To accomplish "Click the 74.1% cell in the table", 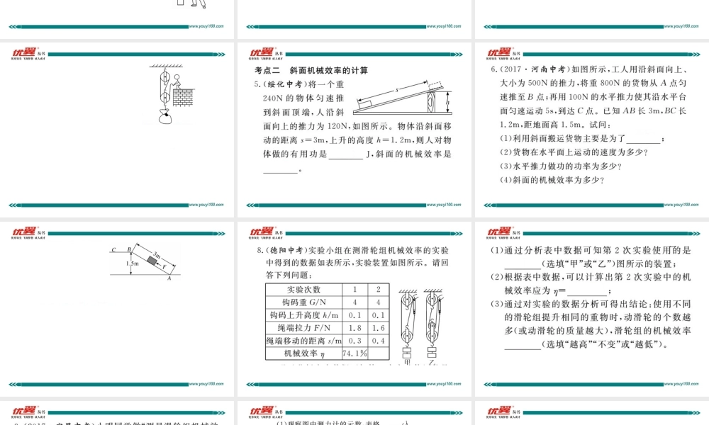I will tap(354, 353).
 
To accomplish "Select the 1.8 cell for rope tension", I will tap(354, 328).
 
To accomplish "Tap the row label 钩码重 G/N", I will tap(303, 302).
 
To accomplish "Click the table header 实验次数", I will tap(303, 290).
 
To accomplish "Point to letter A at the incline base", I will tap(169, 279).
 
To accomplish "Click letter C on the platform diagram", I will tap(113, 249).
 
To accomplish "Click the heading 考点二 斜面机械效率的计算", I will tap(311, 71).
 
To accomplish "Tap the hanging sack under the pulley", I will tap(165, 118).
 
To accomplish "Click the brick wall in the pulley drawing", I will tap(183, 97).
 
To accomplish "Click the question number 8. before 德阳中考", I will tap(257, 250).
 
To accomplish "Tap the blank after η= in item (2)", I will tap(587, 290).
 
